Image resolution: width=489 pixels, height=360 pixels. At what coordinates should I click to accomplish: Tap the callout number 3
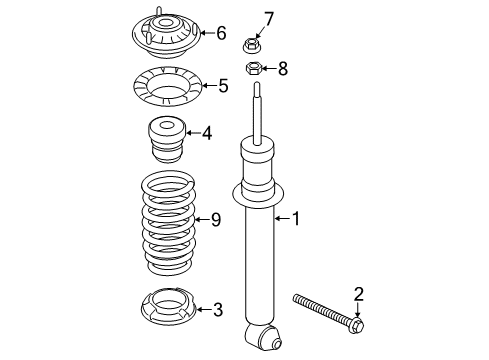pyautogui.click(x=218, y=310)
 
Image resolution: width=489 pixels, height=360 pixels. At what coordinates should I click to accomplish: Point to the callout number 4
pyautogui.click(x=206, y=132)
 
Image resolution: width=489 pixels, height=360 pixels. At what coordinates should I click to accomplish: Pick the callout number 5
pyautogui.click(x=223, y=86)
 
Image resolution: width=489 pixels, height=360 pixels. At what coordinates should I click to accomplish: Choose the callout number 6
pyautogui.click(x=221, y=32)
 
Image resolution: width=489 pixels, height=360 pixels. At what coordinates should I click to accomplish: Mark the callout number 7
pyautogui.click(x=268, y=17)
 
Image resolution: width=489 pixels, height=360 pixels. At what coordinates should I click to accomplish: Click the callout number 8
pyautogui.click(x=282, y=69)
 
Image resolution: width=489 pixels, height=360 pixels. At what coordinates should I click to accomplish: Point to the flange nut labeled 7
pyautogui.click(x=252, y=43)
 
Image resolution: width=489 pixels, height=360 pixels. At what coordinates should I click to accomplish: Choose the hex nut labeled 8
pyautogui.click(x=253, y=69)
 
